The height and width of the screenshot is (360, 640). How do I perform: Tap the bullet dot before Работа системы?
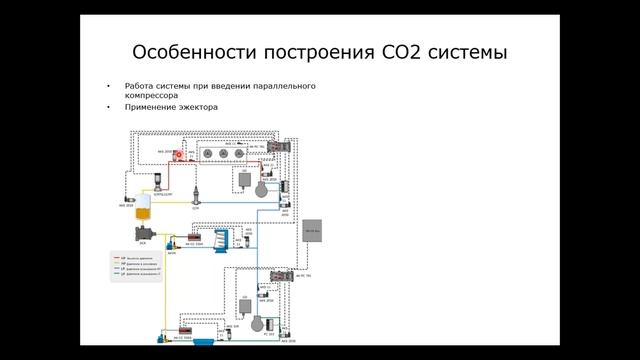click(x=107, y=86)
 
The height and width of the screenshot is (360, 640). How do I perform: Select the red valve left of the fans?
click(x=180, y=155)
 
